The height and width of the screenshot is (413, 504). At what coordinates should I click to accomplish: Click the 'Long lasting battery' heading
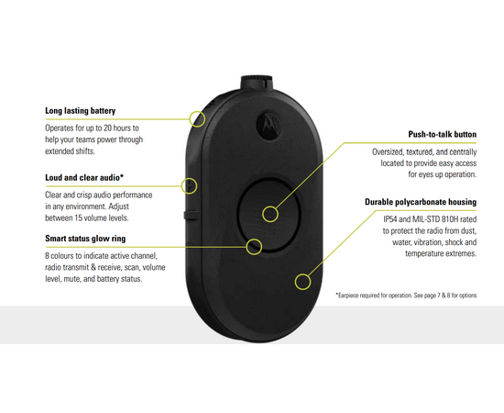coord(80,111)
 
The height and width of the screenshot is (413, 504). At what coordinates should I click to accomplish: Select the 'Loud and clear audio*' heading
coord(84,178)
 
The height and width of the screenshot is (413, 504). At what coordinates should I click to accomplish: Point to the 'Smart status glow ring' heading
coord(85,239)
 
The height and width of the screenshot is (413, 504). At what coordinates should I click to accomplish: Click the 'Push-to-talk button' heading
coord(443,134)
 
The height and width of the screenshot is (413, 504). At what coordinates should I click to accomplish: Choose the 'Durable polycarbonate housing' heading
coord(421,202)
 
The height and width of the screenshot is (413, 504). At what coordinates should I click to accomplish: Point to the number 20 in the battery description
coord(108,128)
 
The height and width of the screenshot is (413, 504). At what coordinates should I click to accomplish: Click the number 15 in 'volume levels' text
coord(79,218)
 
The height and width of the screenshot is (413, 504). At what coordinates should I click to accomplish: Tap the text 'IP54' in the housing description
coord(390,219)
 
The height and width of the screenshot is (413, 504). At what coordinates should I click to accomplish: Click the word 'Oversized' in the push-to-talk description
coord(388,152)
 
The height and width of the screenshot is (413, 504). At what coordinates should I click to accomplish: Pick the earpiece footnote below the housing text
coord(406,296)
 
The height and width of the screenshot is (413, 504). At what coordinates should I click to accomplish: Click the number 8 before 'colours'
coord(48,256)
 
